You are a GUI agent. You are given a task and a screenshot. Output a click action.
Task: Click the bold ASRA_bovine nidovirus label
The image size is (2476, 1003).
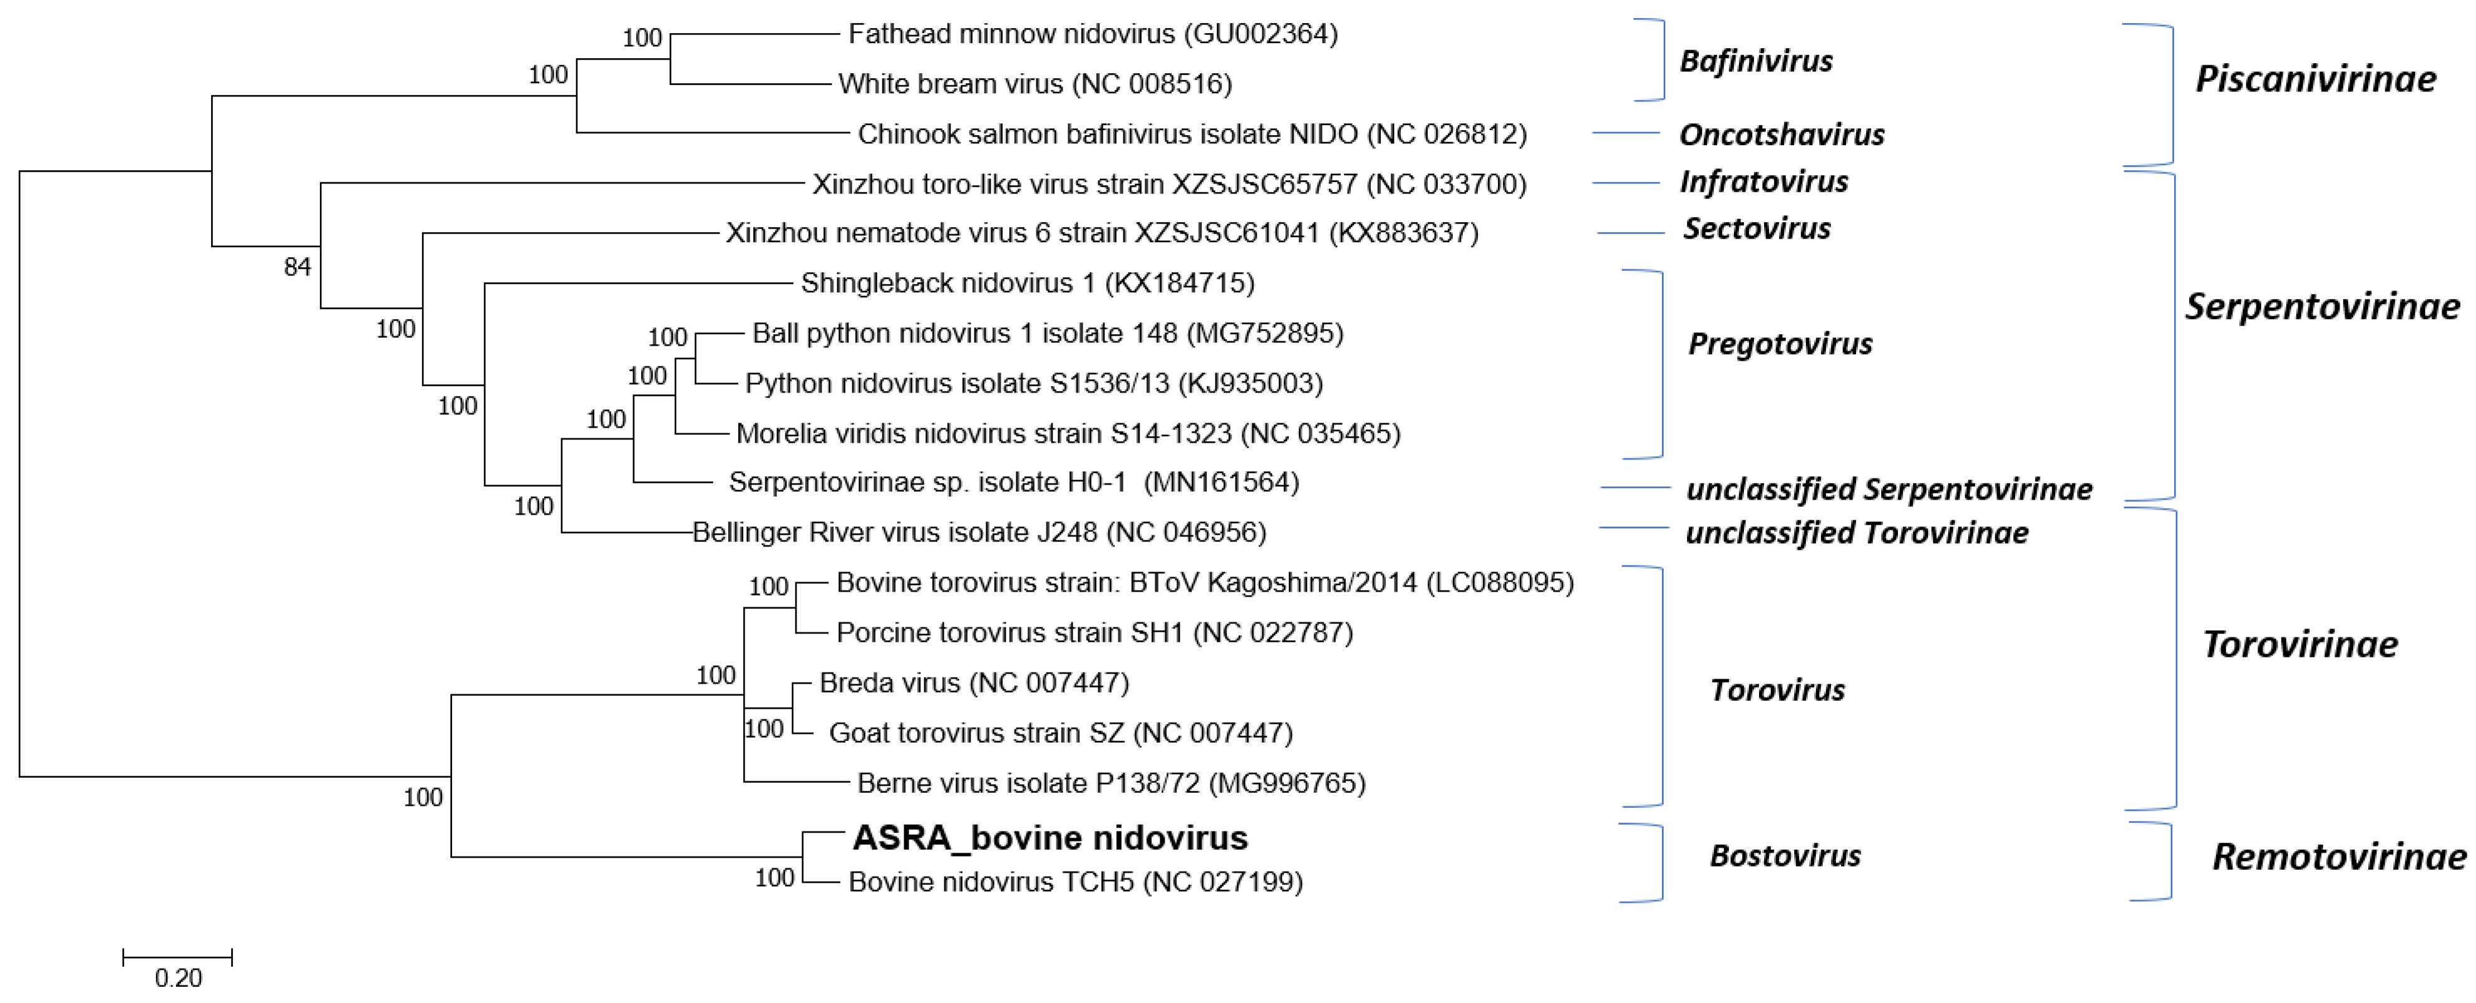point(1050,838)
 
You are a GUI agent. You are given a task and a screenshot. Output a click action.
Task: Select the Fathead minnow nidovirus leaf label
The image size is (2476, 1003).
point(1093,34)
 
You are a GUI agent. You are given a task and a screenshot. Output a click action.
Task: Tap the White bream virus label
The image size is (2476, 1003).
point(1034,85)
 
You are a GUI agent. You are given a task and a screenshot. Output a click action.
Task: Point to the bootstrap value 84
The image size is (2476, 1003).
point(297,267)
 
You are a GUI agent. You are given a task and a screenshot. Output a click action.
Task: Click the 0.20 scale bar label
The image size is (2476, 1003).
point(178,978)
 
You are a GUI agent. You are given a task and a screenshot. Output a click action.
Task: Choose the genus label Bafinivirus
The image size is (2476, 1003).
point(1755,61)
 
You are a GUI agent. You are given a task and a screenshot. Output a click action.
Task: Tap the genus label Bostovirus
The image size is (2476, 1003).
point(1784,855)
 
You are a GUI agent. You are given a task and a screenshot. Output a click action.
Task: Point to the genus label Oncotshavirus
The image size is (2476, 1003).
point(1781,135)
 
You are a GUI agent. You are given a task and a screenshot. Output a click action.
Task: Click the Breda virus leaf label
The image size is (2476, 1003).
point(974,683)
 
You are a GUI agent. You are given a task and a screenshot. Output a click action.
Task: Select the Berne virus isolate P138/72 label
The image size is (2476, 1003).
point(1111,783)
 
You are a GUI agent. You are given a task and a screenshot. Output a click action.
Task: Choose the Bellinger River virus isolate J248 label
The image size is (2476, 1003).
point(979,532)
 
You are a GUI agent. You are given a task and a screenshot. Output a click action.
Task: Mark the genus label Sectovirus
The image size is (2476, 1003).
point(1756,229)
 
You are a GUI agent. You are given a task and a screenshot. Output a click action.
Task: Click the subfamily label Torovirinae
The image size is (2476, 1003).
point(2299,644)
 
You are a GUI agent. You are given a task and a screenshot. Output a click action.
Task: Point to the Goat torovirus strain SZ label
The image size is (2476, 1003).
point(1060,733)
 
